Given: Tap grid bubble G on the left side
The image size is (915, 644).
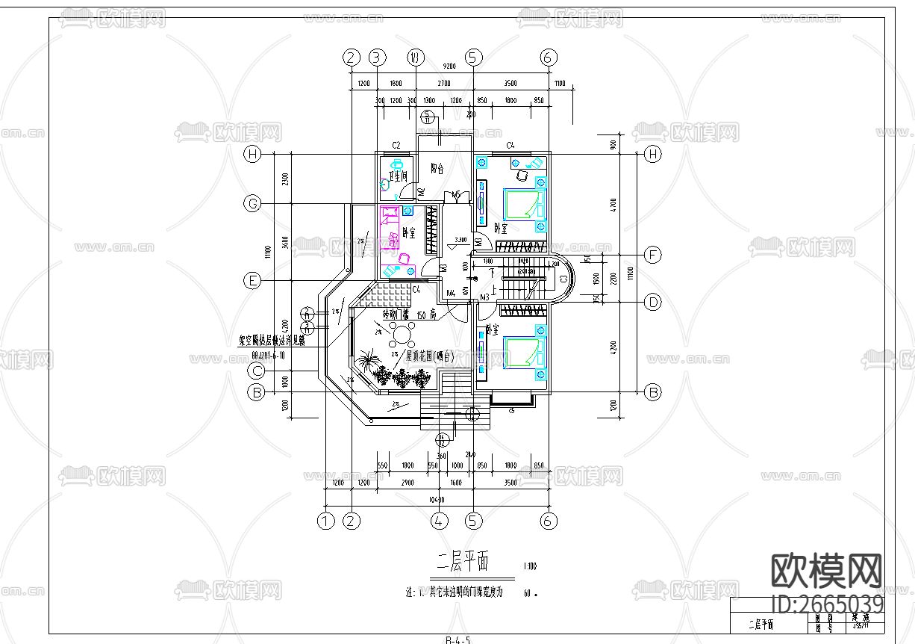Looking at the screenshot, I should click(x=254, y=203).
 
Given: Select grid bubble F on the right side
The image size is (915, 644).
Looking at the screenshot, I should click(x=653, y=256).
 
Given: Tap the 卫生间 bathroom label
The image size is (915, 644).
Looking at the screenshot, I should click(x=398, y=177).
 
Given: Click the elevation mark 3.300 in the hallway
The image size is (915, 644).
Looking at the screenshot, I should click(x=460, y=240).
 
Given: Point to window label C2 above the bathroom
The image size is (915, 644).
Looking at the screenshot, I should click(x=397, y=145).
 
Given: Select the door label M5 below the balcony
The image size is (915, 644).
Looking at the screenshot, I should click(x=455, y=194).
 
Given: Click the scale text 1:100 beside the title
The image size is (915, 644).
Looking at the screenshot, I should click(x=530, y=566).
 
